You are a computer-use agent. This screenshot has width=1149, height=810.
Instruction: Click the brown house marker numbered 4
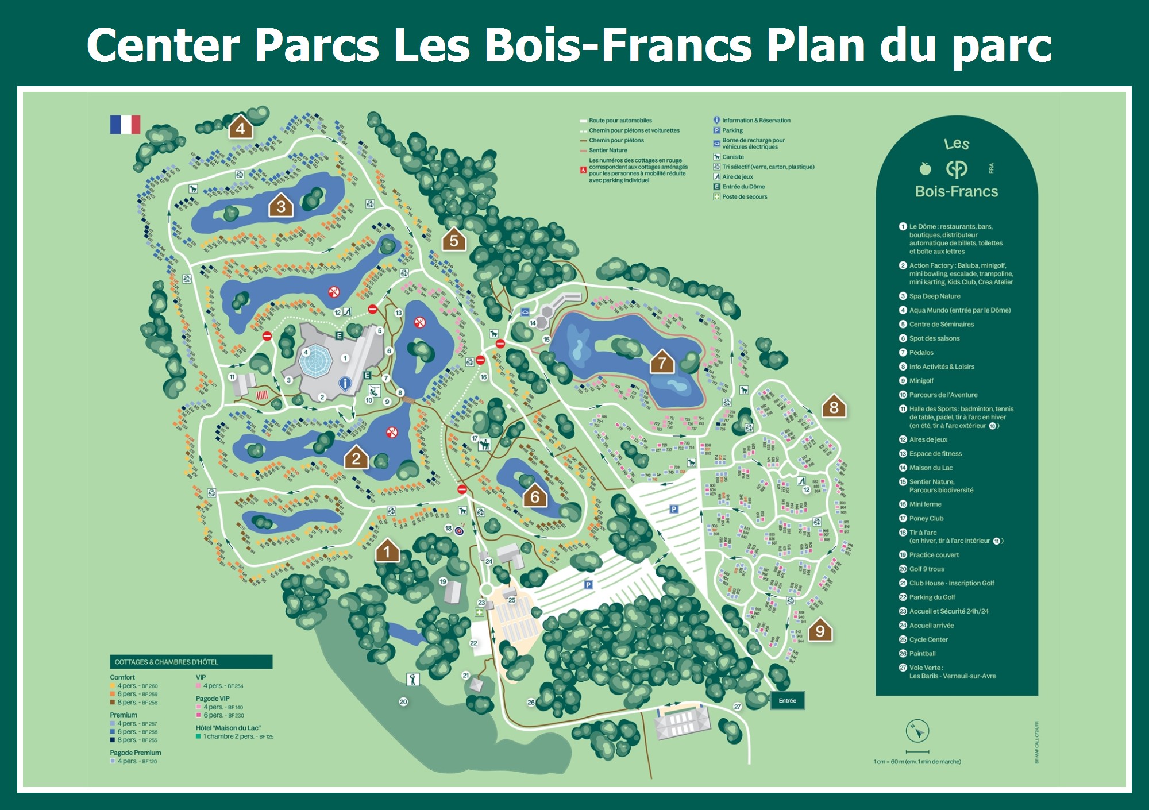pos(240,128)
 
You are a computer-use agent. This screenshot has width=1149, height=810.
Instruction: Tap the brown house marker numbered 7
pos(662,362)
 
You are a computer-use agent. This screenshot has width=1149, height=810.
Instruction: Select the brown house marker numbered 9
pos(820,630)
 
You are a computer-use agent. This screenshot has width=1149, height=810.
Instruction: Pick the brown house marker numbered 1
pos(387,551)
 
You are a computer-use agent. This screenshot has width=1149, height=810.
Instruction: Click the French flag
pos(125,125)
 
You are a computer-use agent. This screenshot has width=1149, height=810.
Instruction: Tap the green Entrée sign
pos(787,700)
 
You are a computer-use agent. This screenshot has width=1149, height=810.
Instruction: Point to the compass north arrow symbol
pos(917,731)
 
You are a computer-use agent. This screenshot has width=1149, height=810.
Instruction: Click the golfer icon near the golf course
pos(412,680)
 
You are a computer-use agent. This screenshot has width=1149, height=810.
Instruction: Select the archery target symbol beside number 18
pos(460,531)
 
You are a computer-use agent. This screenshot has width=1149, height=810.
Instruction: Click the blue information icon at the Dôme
pos(345,383)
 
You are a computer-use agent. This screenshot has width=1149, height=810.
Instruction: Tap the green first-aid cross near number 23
pos(479,612)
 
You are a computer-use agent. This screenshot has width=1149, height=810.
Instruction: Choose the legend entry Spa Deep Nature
pos(934,296)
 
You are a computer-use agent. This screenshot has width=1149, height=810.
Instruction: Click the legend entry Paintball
pos(922,654)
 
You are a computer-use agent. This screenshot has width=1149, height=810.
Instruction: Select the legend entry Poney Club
pos(926,518)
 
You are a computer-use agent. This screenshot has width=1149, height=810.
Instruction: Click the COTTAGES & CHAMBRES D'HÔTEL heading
pos(167,662)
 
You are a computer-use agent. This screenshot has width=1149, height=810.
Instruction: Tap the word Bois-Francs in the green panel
pos(957,191)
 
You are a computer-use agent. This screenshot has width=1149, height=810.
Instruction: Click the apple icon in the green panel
pos(925,168)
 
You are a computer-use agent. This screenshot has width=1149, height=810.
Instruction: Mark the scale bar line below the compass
pos(917,751)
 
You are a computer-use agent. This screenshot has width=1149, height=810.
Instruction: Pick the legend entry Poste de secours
pos(745,197)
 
